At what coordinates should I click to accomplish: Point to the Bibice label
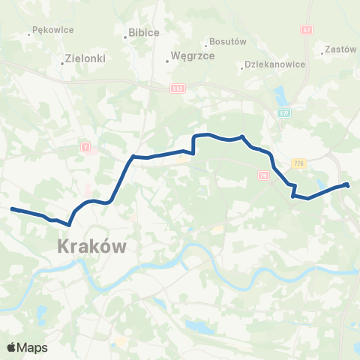pos(143,34)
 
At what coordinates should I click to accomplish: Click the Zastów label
pos(341,49)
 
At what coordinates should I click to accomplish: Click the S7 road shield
pos(307,29)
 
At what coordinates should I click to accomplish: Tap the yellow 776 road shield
pos(299,163)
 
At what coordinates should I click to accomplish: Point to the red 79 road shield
pos(262,175)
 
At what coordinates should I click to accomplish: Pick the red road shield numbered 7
pos(86,148)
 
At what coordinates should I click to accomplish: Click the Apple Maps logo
pos(27,347)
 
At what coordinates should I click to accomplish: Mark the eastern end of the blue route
pos(347,184)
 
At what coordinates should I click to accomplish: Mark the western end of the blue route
pos(12,209)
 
